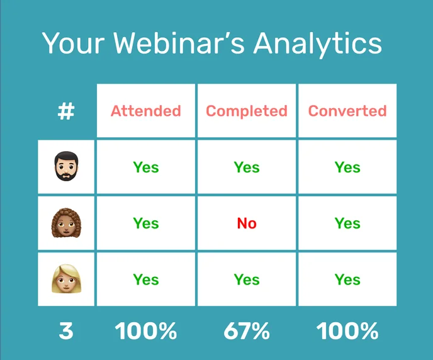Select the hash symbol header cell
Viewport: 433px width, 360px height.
66,111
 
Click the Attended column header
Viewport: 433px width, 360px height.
146,111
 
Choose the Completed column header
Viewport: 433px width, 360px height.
247,111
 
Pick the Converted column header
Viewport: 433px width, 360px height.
347,111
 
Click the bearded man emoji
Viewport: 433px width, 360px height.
66,167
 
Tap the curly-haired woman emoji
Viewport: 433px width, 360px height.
66,223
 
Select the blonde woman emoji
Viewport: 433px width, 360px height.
66,279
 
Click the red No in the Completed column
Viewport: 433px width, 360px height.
247,223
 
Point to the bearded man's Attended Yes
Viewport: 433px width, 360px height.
146,167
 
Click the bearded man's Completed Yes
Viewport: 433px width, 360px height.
247,167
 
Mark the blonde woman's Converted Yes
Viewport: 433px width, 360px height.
347,279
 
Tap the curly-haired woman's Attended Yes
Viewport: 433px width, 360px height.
146,223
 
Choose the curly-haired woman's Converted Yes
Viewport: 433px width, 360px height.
347,223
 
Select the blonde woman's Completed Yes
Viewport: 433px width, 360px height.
247,279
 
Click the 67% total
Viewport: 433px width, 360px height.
247,331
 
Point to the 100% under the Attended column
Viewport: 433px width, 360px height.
146,331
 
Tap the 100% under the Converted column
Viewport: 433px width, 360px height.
347,331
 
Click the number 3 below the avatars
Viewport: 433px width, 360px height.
66,331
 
